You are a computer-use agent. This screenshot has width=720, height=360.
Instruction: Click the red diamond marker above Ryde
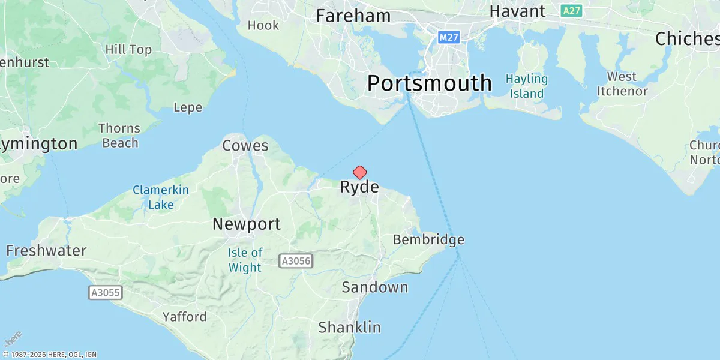(x=359, y=173)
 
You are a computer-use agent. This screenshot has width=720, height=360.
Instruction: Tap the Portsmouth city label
(x=429, y=83)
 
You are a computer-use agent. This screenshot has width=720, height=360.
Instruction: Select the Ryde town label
(x=359, y=187)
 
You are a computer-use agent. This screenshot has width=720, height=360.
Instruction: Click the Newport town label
(x=246, y=224)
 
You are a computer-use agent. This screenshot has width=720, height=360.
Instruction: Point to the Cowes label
(x=245, y=145)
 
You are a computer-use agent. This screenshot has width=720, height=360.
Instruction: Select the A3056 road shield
(x=296, y=260)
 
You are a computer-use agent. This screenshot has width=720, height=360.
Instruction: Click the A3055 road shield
(x=106, y=293)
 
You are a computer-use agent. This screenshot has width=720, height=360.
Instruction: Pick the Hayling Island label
(x=526, y=86)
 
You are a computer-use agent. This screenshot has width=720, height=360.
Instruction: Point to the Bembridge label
(x=428, y=240)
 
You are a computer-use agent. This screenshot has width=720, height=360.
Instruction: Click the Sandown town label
(x=374, y=287)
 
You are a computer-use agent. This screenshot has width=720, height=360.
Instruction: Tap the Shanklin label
(x=349, y=327)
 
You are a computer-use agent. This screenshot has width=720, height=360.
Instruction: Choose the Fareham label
(x=353, y=16)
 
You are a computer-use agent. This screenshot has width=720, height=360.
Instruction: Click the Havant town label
(x=517, y=11)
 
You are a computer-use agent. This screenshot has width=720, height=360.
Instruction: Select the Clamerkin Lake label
(x=161, y=197)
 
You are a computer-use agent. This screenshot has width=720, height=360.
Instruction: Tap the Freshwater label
(x=46, y=250)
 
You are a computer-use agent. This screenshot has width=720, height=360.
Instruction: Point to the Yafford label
(x=184, y=317)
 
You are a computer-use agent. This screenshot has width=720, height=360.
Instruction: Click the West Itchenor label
(x=621, y=84)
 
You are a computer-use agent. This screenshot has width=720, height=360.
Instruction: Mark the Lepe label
(x=187, y=108)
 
